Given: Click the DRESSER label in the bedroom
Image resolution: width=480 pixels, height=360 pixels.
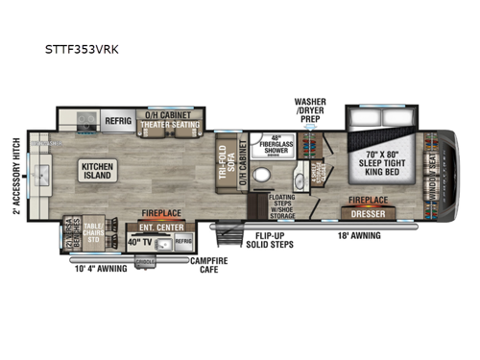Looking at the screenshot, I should coord(370,212).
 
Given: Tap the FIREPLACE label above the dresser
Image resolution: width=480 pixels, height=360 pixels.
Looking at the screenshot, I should coord(370,201).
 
